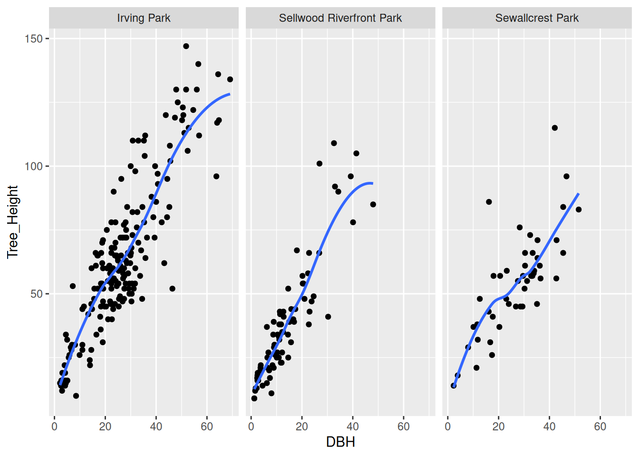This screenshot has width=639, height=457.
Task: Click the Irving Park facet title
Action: point(144,18)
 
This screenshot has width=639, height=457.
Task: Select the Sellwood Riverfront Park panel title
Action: point(340,18)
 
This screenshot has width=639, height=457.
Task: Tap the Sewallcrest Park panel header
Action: point(537,18)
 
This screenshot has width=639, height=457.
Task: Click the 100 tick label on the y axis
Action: point(34,166)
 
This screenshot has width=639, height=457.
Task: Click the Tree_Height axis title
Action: point(12,222)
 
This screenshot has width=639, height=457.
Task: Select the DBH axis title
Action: point(340,442)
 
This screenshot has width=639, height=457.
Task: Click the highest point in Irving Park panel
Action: point(186,46)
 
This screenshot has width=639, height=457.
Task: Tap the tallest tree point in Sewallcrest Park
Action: point(554,128)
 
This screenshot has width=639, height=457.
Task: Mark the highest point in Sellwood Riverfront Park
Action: point(334,143)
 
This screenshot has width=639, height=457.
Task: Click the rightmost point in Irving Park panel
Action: point(230,79)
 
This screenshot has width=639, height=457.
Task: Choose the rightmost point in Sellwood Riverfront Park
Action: point(373,204)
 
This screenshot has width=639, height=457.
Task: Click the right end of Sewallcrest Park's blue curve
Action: point(578,194)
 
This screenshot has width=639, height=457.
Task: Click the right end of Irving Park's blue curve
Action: point(230,94)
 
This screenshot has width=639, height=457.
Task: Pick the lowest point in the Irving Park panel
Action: point(76,396)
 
